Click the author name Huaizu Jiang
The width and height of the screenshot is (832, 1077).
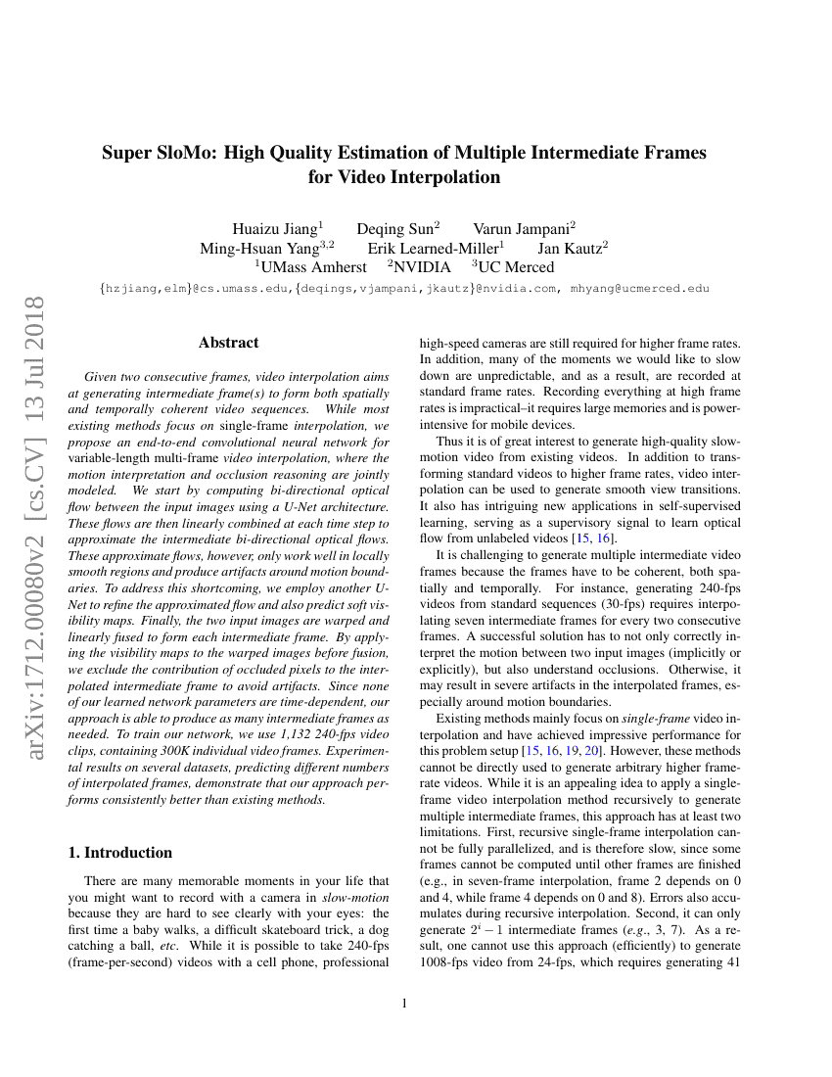pyautogui.click(x=271, y=229)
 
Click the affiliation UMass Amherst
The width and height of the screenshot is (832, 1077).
pyautogui.click(x=313, y=266)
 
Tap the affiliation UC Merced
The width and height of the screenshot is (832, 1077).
pyautogui.click(x=516, y=266)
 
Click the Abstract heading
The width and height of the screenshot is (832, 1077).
pyautogui.click(x=228, y=343)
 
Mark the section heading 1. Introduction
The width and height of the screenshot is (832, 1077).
pyautogui.click(x=119, y=852)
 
